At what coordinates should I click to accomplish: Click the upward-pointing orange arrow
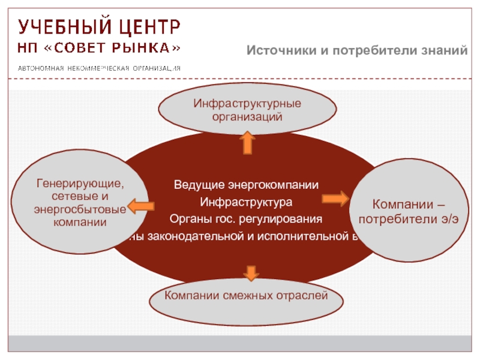coord(247,143)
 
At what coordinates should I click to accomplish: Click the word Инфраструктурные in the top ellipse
coord(247,104)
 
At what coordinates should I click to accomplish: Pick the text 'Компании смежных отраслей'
coord(247,295)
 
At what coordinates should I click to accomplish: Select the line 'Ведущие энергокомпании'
coord(246,184)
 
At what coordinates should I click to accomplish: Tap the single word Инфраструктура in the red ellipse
coord(246,200)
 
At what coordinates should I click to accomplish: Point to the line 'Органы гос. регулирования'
coord(246,218)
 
